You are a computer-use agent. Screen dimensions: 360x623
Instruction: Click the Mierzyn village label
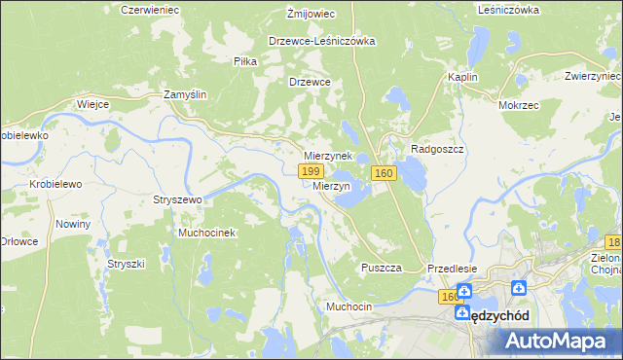point(332,186)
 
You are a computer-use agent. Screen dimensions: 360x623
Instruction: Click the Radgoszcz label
point(441,149)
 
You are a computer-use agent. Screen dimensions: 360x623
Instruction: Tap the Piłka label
point(244,61)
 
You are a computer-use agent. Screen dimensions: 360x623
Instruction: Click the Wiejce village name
point(92,103)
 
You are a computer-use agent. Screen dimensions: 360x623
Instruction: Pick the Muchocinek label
point(206,234)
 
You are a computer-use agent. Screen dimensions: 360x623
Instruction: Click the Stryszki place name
point(126,264)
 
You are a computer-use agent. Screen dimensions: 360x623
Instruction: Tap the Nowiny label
point(73,224)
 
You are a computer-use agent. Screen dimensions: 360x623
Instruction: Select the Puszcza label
point(381,268)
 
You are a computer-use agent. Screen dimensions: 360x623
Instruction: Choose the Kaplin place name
point(461,77)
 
